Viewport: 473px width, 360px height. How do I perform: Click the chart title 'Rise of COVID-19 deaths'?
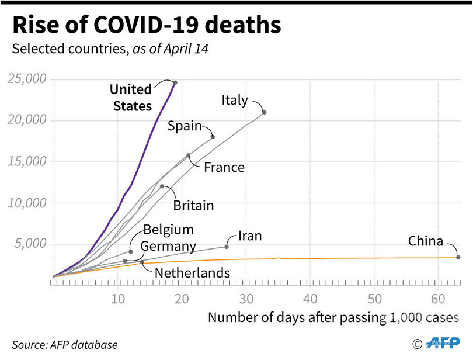[146, 26]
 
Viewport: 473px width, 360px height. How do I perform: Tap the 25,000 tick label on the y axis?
[27, 79]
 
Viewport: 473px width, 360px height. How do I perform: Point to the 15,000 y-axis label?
[27, 161]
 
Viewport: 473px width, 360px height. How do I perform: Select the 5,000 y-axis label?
[30, 244]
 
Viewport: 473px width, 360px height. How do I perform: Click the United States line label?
[131, 98]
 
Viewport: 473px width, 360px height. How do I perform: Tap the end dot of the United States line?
[175, 82]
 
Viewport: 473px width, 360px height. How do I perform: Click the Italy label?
[235, 100]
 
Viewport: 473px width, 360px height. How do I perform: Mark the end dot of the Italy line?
[265, 112]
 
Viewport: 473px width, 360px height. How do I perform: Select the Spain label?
[185, 126]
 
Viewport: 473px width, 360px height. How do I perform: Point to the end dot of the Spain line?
[213, 137]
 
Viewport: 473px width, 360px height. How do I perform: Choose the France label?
[224, 168]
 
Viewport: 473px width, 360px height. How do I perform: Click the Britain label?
[193, 206]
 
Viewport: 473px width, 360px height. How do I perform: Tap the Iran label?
[250, 236]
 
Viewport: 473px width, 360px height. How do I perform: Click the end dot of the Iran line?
[227, 247]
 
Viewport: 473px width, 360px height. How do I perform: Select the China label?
[425, 241]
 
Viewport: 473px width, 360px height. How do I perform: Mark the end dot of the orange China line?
[458, 257]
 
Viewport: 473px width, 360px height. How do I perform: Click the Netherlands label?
[192, 272]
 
